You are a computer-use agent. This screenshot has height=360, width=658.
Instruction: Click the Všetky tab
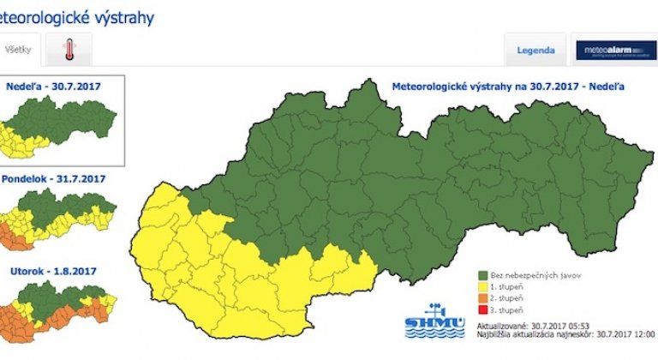point(18,51)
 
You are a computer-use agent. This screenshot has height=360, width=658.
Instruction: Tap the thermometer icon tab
point(69,51)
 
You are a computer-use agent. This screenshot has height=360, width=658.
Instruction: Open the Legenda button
point(535,51)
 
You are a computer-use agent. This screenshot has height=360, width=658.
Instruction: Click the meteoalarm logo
point(615,51)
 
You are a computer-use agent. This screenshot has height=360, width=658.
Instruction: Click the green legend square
point(482,275)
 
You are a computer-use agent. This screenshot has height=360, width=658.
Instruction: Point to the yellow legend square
point(482,287)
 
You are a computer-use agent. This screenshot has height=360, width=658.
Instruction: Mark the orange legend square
point(482,298)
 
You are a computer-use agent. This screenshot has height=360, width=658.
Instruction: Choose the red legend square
point(482,309)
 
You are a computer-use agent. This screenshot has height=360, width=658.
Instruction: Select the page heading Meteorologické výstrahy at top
point(77,17)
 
